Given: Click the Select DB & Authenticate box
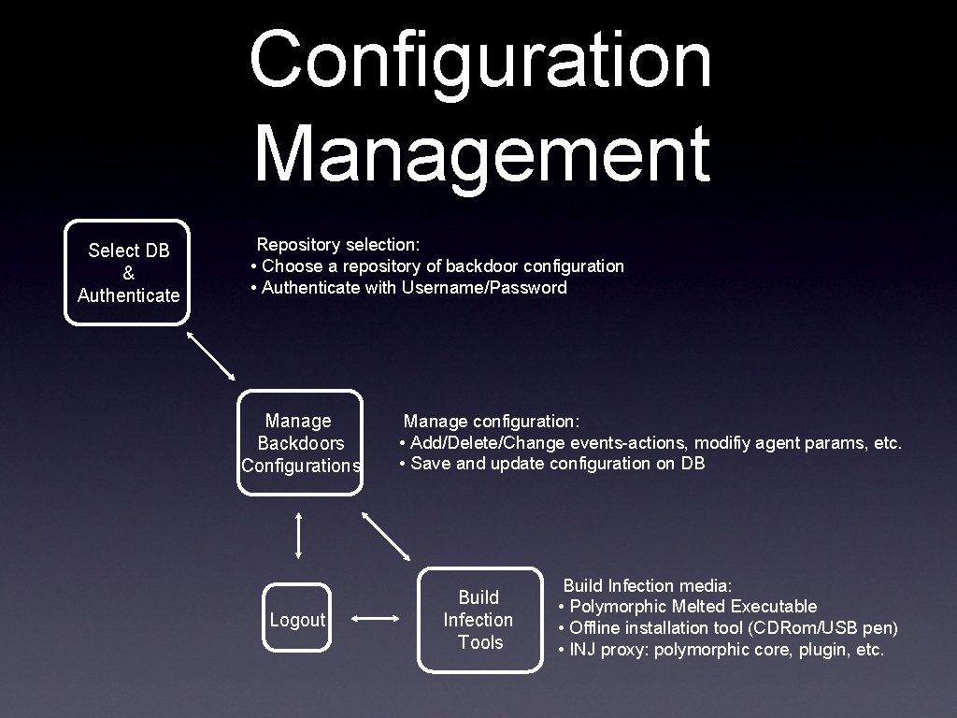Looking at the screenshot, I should (x=127, y=272).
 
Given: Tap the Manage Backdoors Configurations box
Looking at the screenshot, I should (x=299, y=442).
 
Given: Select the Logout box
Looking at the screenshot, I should (x=297, y=619).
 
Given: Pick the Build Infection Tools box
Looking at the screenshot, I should (x=479, y=619).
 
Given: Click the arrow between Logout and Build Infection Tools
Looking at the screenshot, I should (x=377, y=619).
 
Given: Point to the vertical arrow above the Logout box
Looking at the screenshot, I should (x=298, y=535).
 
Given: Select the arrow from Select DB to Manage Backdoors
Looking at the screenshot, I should (x=211, y=354).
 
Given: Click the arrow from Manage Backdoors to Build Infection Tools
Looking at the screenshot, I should (x=386, y=537).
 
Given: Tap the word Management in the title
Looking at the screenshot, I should (x=481, y=146).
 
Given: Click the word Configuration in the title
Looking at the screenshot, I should (x=480, y=58).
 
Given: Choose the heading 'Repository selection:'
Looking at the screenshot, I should (x=338, y=244).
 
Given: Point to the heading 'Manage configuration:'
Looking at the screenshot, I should (x=492, y=422).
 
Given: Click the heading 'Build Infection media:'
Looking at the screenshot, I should (x=647, y=586).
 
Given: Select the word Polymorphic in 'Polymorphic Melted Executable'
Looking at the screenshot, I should (x=618, y=607).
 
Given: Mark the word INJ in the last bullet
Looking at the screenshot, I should (x=583, y=649).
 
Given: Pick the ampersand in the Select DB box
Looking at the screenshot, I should (x=128, y=273).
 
